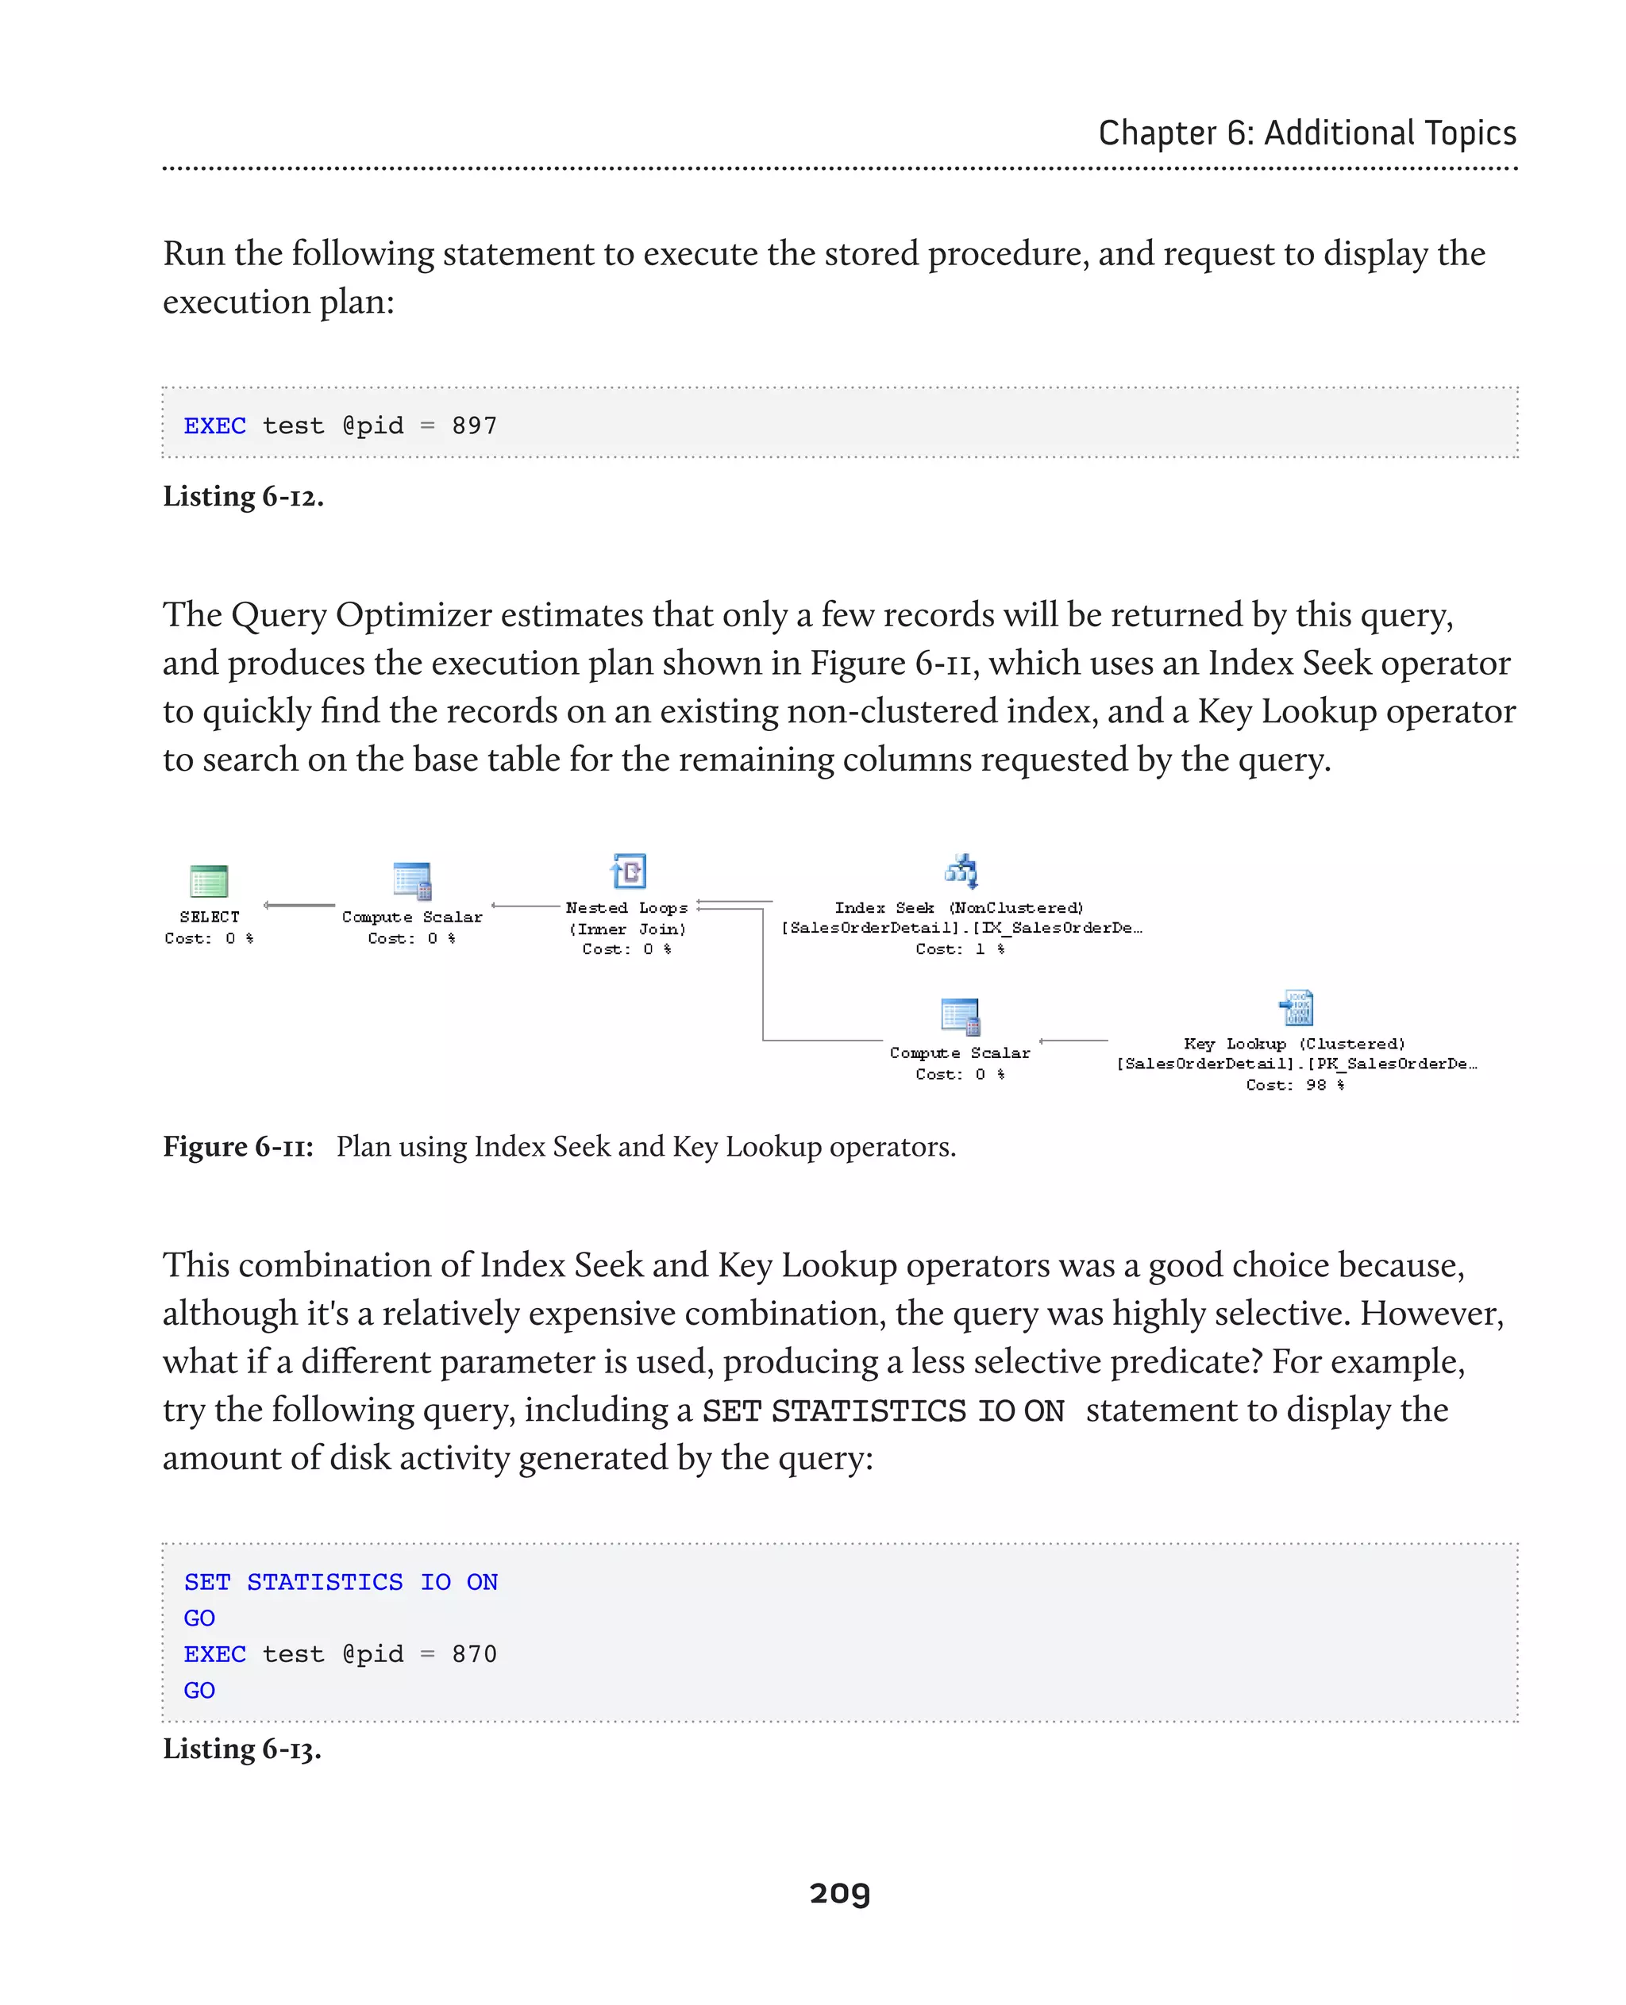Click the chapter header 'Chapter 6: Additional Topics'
click(1307, 133)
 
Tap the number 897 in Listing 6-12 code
click(474, 426)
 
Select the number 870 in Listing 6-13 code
click(474, 1654)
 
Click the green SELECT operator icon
click(209, 881)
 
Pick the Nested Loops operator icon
click(629, 871)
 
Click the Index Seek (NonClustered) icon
click(961, 871)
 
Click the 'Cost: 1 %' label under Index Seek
click(959, 949)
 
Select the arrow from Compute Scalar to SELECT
click(299, 905)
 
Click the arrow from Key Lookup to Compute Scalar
click(1073, 1041)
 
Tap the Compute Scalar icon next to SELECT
click(412, 881)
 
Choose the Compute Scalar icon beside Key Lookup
click(960, 1016)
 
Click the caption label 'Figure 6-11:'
click(238, 1146)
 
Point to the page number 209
click(839, 1892)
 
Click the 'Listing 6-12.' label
click(244, 496)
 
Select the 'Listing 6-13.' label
click(241, 1749)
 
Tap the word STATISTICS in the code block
click(324, 1582)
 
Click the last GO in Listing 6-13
click(199, 1691)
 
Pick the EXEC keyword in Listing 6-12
click(214, 426)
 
